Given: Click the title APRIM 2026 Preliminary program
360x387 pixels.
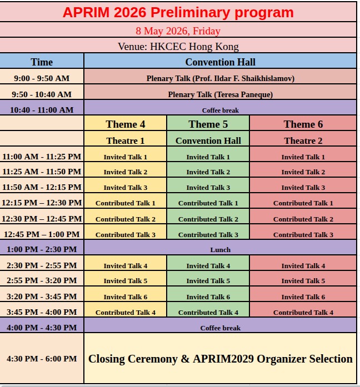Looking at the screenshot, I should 178,12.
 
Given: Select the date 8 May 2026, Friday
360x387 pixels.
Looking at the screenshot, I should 178,31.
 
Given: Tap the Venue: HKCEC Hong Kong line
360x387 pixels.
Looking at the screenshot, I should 178,47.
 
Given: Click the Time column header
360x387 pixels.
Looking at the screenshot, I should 42,62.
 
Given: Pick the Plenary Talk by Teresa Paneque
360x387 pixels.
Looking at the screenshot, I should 220,94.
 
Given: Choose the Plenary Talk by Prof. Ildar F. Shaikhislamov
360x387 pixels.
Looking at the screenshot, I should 220,78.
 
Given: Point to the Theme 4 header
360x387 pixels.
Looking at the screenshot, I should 126,124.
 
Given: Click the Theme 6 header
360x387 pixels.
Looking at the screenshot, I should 303,124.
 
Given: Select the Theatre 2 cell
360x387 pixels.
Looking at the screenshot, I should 303,140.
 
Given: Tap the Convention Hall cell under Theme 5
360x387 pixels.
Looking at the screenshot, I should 208,140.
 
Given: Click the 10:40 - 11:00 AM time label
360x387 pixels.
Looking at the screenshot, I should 42,110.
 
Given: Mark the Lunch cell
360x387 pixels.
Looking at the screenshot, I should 220,249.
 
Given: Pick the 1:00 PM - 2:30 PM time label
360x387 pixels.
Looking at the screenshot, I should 42,249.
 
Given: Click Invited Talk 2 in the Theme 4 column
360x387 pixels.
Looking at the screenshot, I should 126,172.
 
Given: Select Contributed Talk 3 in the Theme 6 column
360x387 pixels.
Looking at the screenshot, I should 303,234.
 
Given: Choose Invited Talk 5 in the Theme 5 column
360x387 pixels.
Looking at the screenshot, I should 208,280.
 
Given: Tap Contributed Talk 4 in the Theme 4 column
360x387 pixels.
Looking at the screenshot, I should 126,312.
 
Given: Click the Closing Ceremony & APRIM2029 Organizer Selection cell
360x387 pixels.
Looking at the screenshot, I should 220,359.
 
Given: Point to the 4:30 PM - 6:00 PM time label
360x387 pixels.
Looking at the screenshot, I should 42,359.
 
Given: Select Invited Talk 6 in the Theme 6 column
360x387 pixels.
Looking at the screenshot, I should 303,296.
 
